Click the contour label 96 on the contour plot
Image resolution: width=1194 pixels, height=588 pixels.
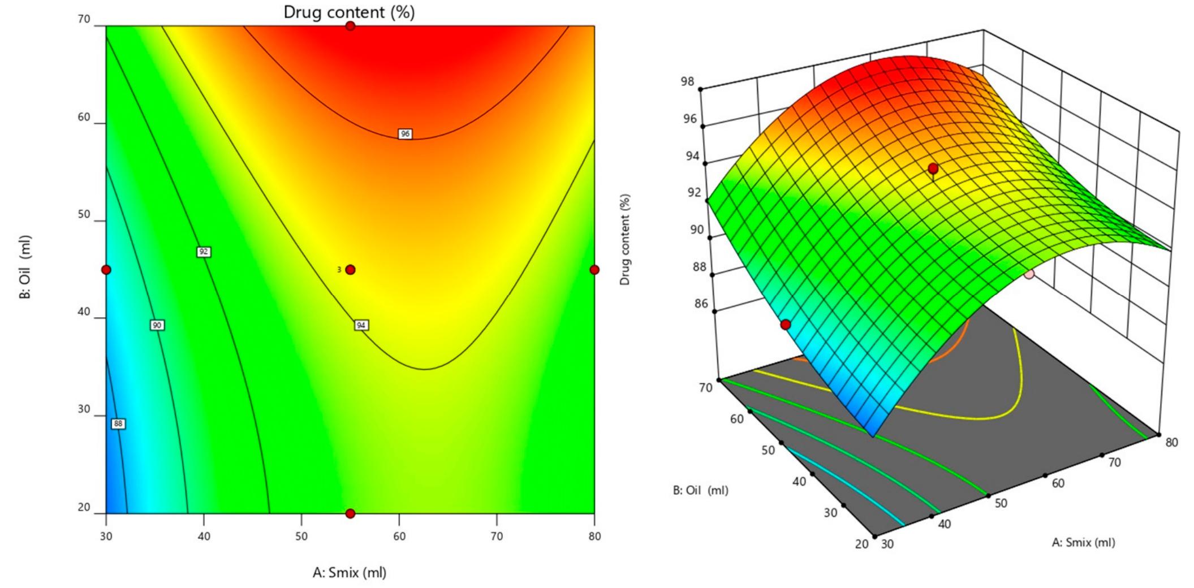(404, 134)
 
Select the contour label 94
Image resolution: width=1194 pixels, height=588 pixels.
(361, 325)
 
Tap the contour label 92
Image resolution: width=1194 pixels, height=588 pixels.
(204, 252)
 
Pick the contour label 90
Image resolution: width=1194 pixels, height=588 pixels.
(157, 325)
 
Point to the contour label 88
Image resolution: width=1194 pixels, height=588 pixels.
(118, 423)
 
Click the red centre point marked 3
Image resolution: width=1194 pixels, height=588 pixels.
(351, 270)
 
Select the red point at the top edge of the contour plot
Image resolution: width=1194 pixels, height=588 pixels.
(351, 26)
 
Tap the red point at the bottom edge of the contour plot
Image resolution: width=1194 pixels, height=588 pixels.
(351, 513)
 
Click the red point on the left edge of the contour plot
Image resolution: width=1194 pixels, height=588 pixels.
(106, 270)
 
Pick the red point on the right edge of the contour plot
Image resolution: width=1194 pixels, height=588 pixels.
(594, 270)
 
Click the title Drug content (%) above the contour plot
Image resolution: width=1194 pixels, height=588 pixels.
(349, 12)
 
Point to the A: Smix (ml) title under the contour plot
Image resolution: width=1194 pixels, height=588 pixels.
(350, 573)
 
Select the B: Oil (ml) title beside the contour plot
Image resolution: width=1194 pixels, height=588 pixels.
(25, 267)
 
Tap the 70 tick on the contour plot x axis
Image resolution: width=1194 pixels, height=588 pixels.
(497, 535)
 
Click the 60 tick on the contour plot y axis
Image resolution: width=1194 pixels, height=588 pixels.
(84, 117)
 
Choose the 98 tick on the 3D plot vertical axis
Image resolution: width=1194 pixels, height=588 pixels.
(687, 82)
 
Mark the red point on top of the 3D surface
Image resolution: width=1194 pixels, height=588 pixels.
(933, 168)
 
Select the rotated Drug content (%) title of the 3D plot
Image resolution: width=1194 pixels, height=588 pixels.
(625, 240)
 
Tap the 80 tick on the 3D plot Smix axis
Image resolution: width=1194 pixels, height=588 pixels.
(1172, 442)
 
